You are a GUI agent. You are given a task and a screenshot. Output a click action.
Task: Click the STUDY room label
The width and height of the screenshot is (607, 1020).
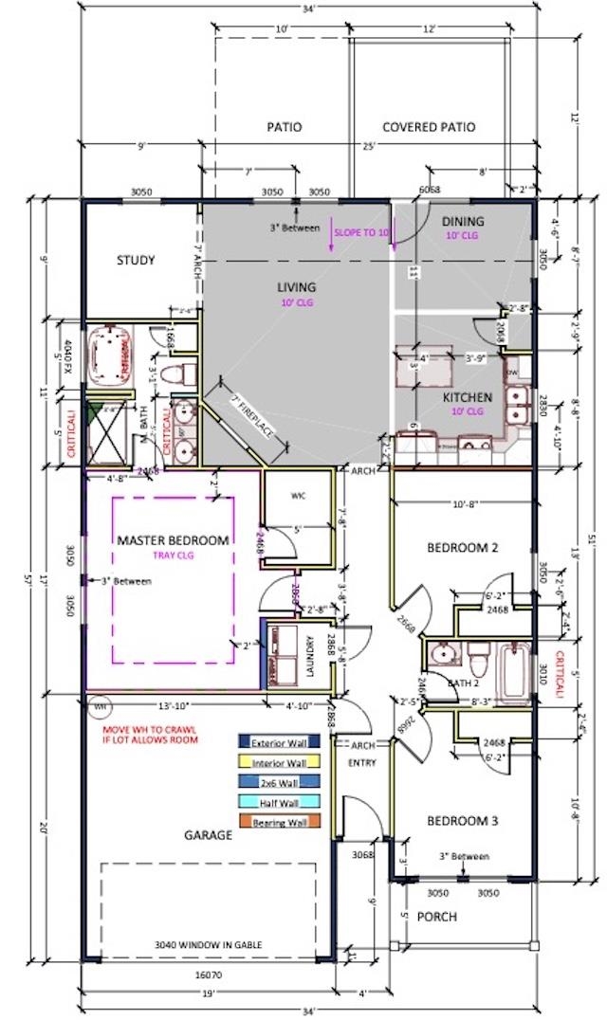point(136,261)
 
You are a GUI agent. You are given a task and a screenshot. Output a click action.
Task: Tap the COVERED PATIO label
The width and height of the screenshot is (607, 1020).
point(429,127)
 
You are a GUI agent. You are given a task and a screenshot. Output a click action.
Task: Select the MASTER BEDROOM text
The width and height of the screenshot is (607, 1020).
point(173,540)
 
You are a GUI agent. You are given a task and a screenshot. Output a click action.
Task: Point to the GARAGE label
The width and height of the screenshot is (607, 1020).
point(209,835)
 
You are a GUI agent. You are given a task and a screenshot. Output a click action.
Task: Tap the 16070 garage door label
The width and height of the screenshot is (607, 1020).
point(209,974)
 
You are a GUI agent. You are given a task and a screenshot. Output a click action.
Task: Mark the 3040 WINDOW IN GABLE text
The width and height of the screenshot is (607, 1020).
point(209,944)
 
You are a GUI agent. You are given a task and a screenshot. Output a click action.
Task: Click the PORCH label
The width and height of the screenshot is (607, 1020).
point(438,917)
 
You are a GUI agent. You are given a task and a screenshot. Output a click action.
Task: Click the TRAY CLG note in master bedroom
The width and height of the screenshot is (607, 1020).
point(173,556)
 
